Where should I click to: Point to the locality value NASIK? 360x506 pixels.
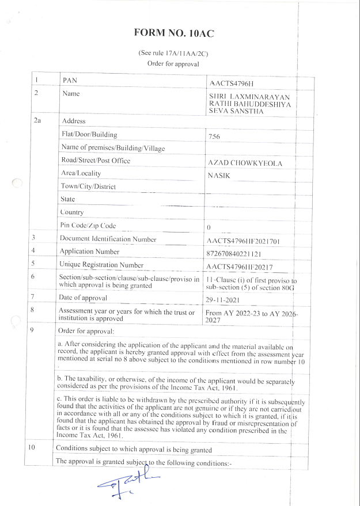click(219, 176)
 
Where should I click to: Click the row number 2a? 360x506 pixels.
click(38, 121)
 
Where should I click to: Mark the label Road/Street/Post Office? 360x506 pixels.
click(96, 160)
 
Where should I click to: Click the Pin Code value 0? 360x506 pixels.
click(209, 228)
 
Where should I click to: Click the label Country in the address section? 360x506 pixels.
click(72, 212)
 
